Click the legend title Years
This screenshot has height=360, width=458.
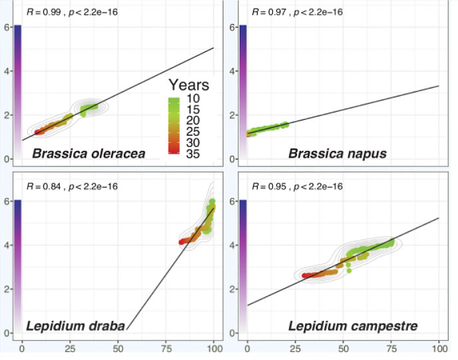pyautogui.click(x=188, y=85)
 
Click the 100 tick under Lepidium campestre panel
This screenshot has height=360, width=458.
pyautogui.click(x=439, y=348)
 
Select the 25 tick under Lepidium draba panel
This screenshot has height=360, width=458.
pyautogui.click(x=71, y=348)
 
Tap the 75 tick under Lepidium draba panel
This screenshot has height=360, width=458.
pyautogui.click(x=166, y=348)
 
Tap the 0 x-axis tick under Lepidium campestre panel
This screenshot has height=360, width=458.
pyautogui.click(x=247, y=348)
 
